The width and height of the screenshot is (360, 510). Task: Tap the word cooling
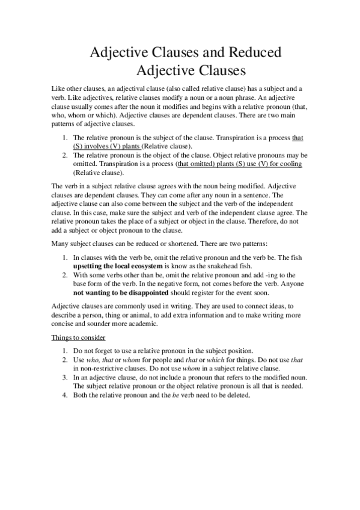tap(288, 164)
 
